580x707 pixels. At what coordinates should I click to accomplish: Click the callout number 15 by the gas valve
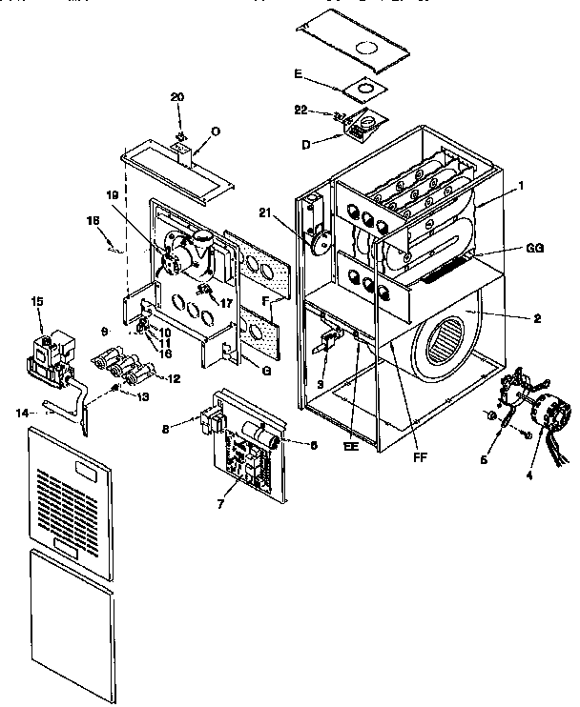(38, 302)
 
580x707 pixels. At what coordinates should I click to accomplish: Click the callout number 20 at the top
(176, 98)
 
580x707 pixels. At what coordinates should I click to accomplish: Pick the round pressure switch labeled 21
(319, 236)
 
